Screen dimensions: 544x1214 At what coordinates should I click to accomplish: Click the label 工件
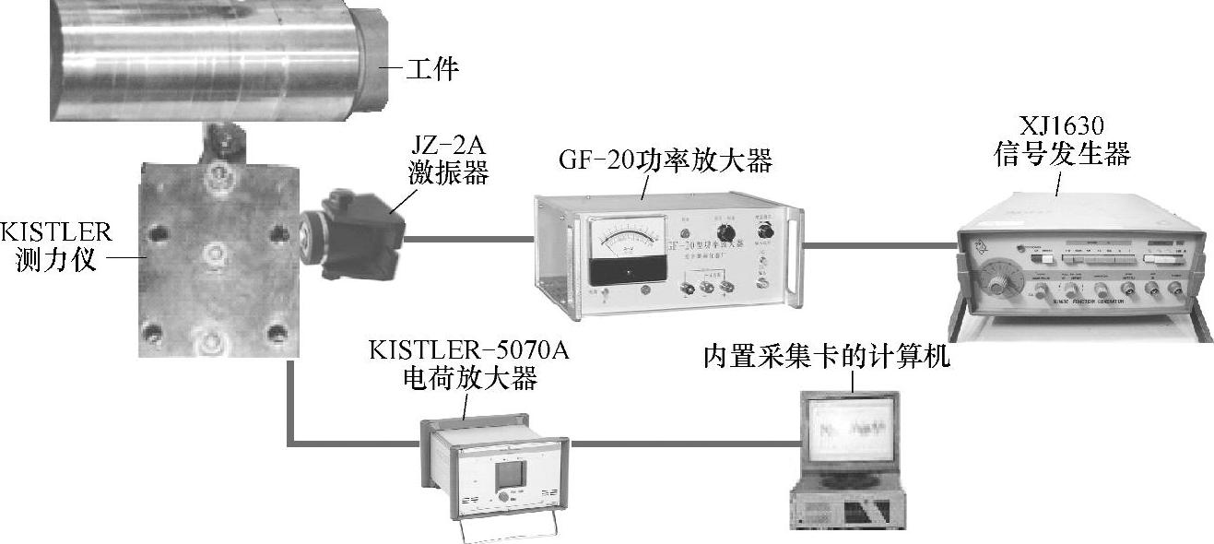[432, 68]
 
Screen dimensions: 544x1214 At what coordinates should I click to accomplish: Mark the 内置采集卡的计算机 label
[826, 357]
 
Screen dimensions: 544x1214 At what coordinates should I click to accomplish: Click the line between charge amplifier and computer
[682, 443]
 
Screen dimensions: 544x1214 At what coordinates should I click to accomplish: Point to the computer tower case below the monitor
[843, 508]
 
